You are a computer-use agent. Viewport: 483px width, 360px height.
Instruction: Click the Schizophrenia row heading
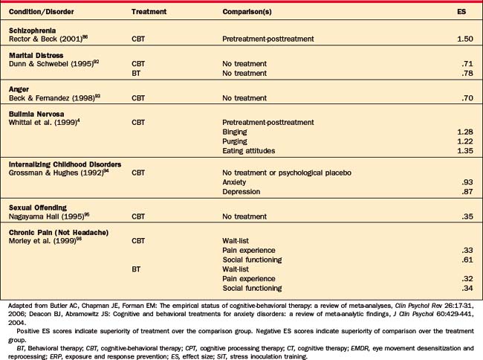point(33,28)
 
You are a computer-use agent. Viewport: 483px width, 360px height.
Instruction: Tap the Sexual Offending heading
point(36,207)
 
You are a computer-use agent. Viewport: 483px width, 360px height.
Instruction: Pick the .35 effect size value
point(467,216)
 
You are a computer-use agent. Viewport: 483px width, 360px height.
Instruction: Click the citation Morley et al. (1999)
point(42,240)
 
